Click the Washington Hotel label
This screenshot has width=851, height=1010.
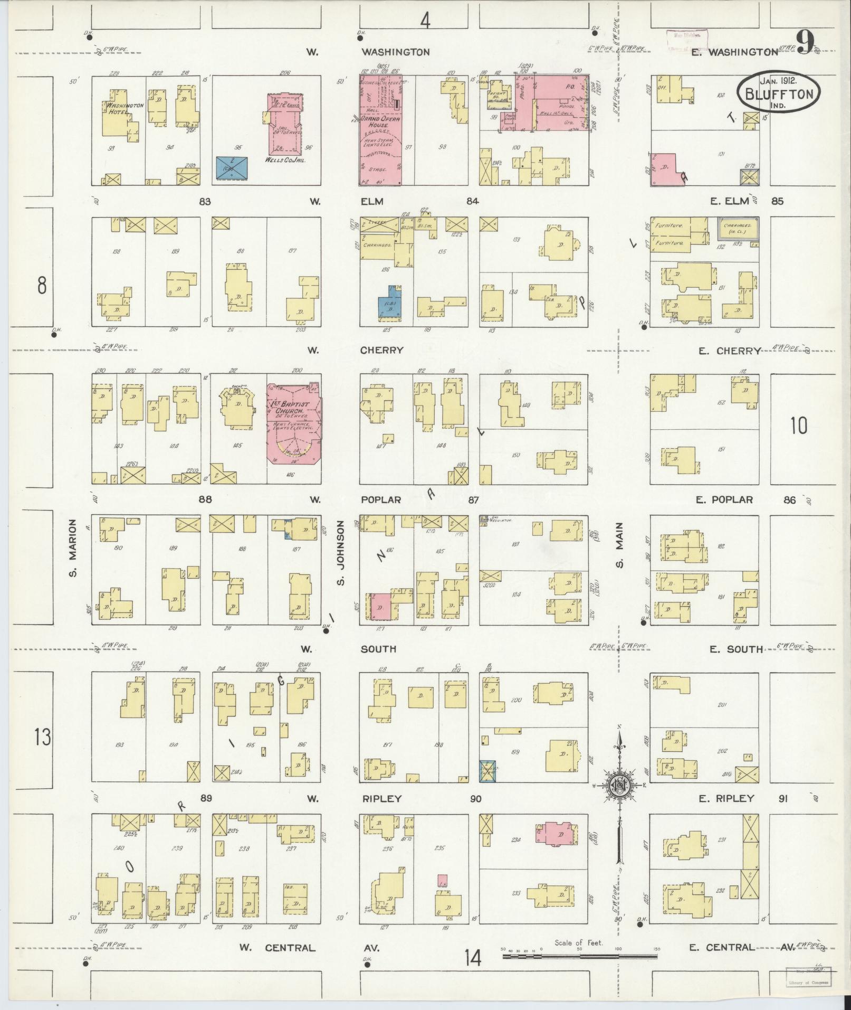pyautogui.click(x=125, y=108)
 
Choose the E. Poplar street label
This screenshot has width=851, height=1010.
pyautogui.click(x=724, y=499)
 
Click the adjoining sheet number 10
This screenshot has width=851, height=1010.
pyautogui.click(x=799, y=425)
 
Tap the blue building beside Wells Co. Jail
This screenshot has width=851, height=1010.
pyautogui.click(x=233, y=168)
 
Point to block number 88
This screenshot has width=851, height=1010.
pyautogui.click(x=205, y=499)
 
